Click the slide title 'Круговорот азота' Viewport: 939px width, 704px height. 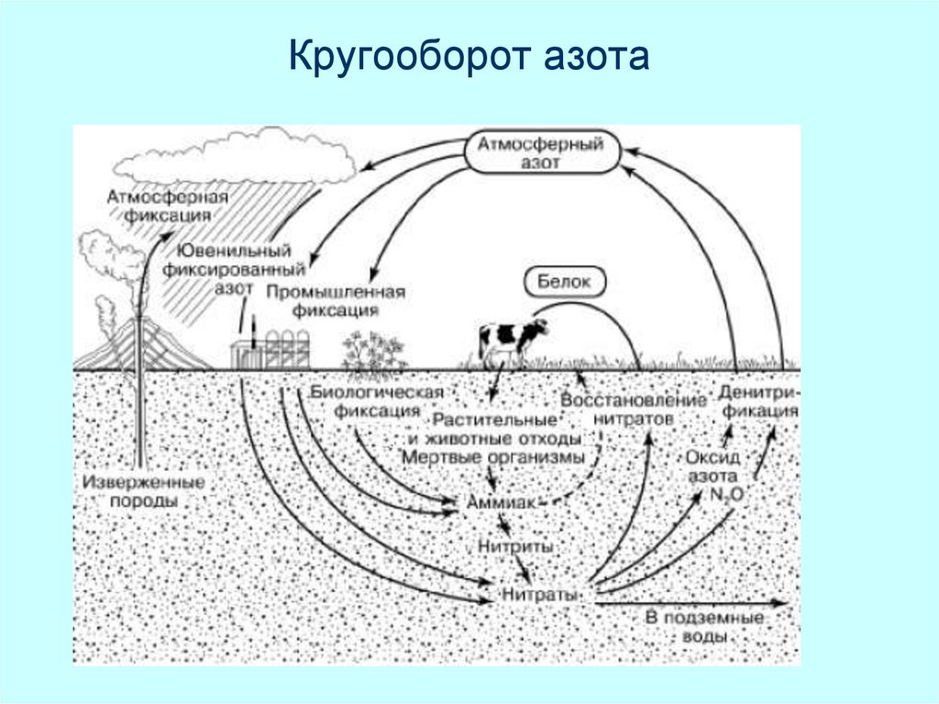[469, 57]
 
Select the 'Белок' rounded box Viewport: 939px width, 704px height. [565, 282]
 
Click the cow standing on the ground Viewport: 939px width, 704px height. [509, 341]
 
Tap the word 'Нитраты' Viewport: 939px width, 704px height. [540, 595]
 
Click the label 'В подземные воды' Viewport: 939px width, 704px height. [704, 627]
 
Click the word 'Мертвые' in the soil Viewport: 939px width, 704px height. [443, 457]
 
